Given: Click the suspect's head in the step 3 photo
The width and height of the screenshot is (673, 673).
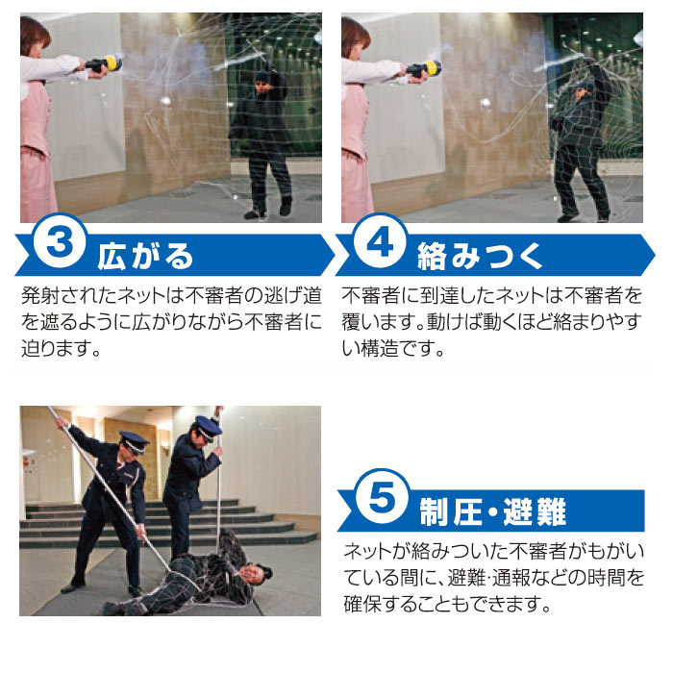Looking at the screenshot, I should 262,83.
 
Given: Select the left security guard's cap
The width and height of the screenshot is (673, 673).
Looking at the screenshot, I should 133,441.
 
